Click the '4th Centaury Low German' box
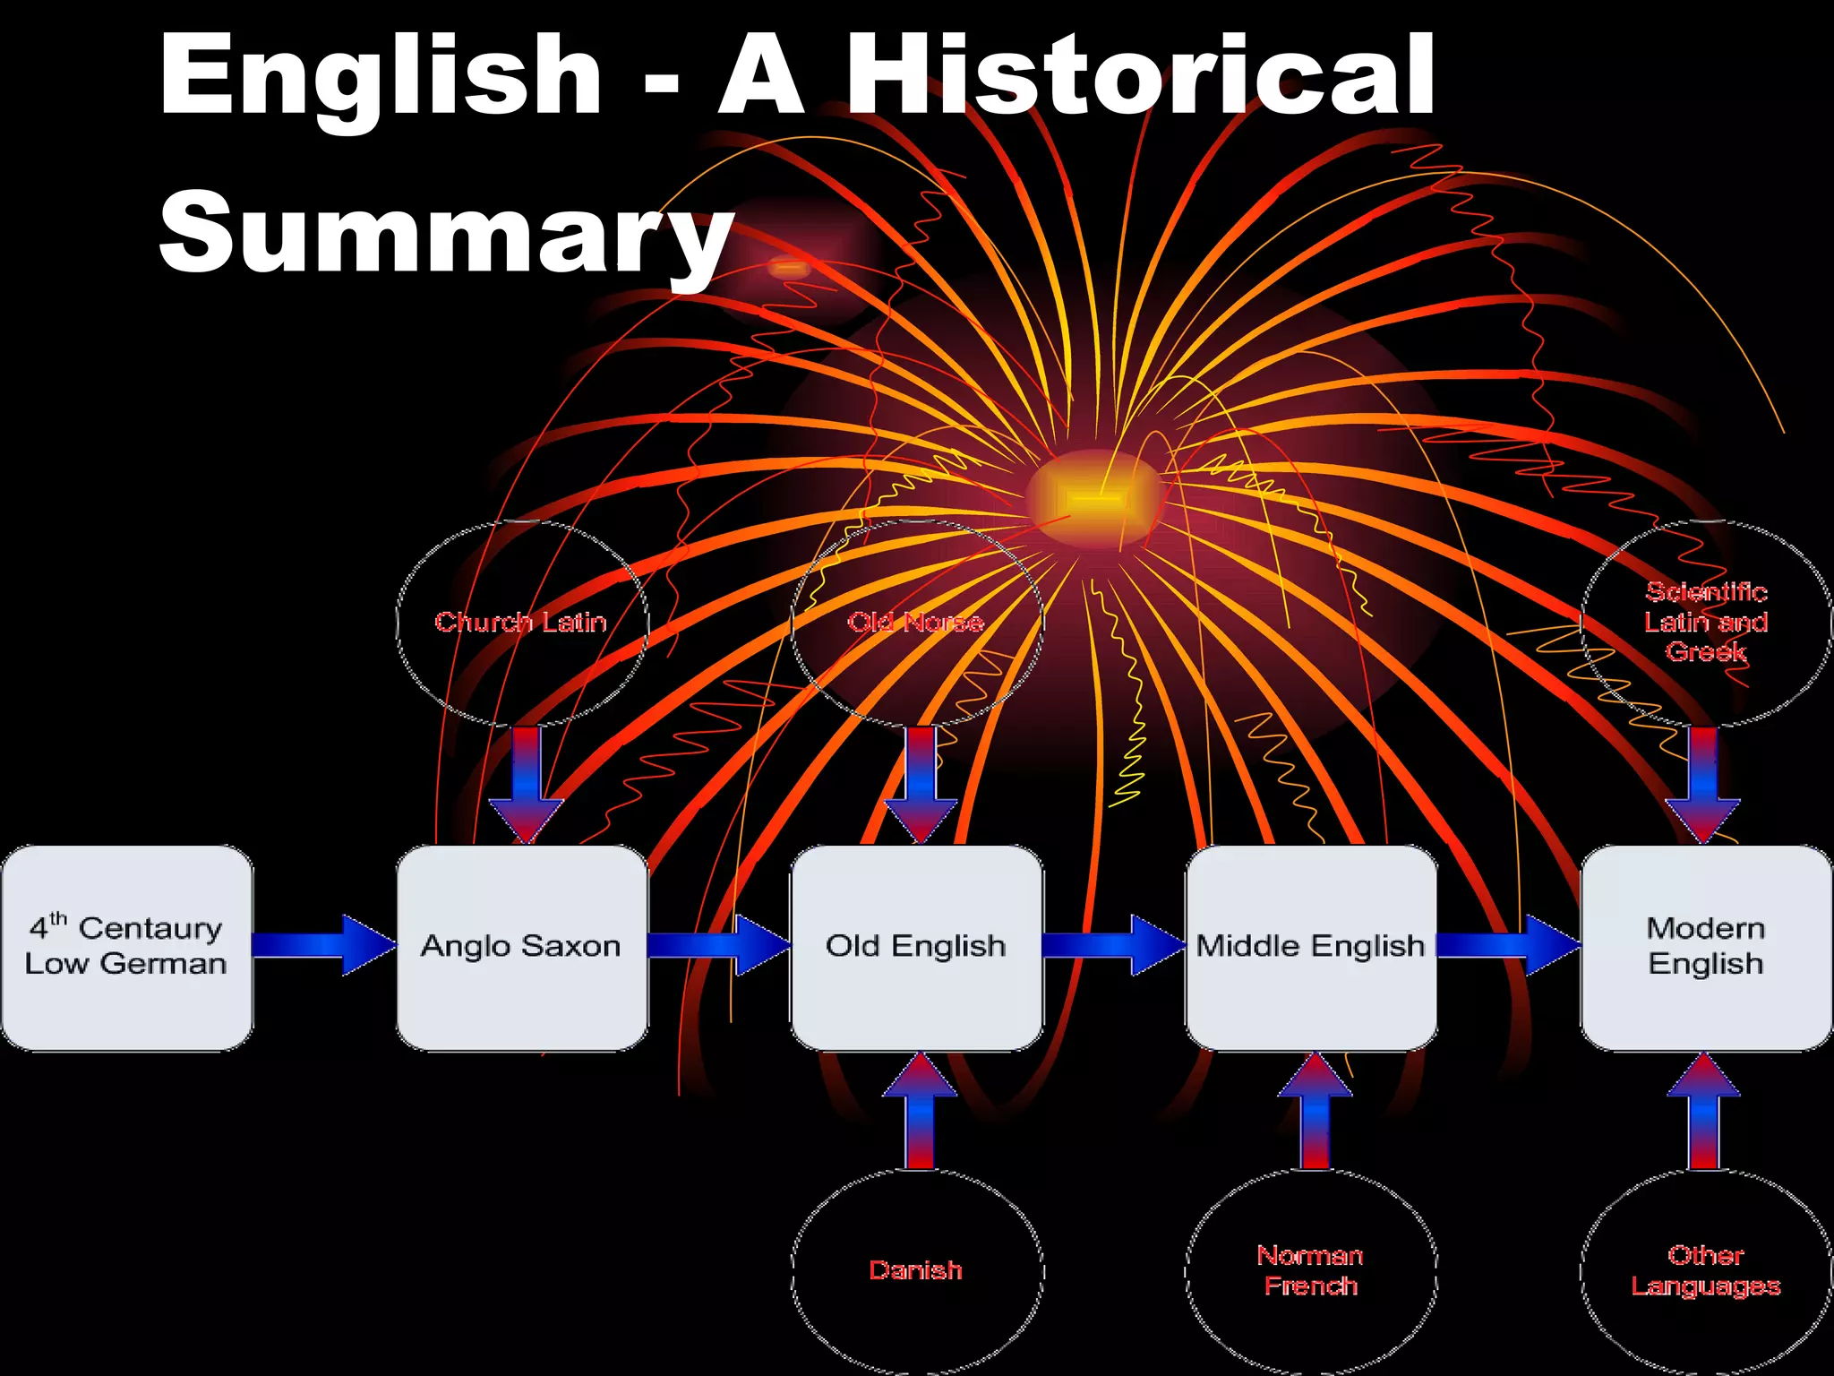pos(126,947)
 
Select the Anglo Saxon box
pos(522,947)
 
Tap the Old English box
pos(916,947)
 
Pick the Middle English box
pos(1311,947)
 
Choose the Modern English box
pos(1706,947)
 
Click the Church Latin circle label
pos(521,622)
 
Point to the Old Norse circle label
pos(916,622)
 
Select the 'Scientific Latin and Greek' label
pos(1706,622)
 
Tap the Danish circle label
pos(916,1270)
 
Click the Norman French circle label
pos(1311,1270)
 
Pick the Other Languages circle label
pos(1706,1270)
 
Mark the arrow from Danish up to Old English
pos(920,1111)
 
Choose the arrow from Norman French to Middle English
pos(1315,1111)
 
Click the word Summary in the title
pos(445,231)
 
